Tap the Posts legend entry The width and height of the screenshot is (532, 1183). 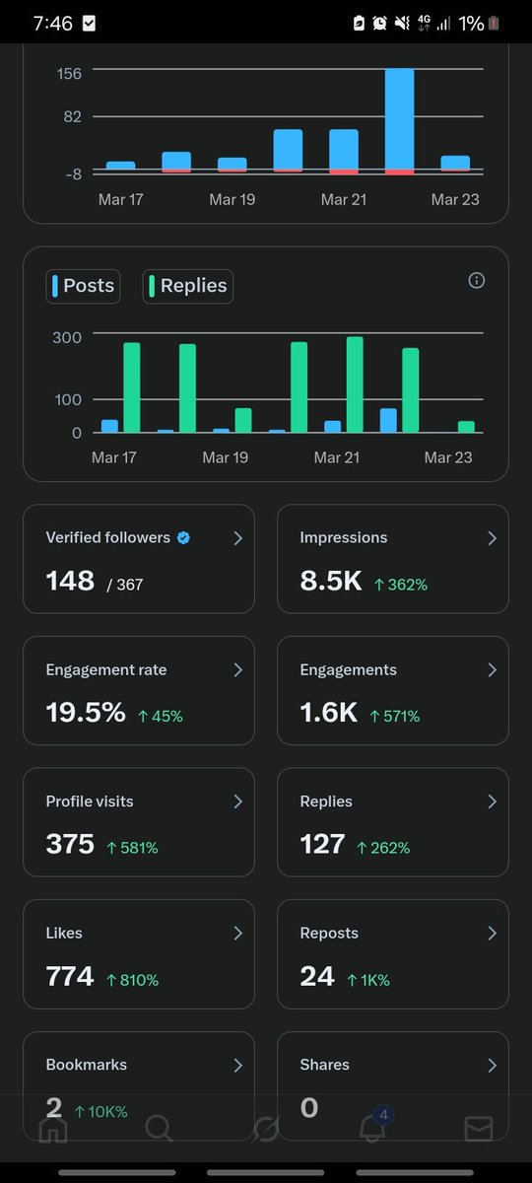coord(83,286)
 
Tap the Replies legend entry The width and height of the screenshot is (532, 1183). coord(188,286)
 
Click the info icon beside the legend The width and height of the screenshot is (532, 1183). coord(477,281)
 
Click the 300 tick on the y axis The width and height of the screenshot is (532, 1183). coord(66,336)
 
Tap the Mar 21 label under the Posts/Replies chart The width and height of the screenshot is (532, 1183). coord(336,457)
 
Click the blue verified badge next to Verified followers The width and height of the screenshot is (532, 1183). coord(183,538)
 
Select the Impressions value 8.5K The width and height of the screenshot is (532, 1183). coord(331,582)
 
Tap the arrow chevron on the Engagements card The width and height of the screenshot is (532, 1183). coord(492,670)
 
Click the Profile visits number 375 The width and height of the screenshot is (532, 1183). coord(70,845)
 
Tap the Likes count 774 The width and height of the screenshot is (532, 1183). coord(70,977)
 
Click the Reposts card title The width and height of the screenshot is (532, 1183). coord(329,933)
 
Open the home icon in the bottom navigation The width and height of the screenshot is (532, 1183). coord(53,1129)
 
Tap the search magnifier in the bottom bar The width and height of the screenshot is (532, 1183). coord(160,1129)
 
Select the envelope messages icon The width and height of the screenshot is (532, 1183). coord(479,1129)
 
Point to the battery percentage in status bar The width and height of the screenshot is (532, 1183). coord(470,23)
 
